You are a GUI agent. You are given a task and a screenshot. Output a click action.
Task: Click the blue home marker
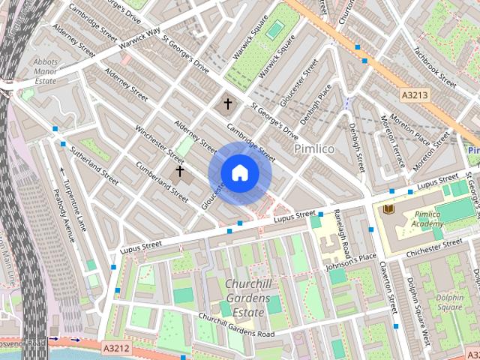pos(239,173)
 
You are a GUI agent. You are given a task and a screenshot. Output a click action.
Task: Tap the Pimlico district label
pos(314,149)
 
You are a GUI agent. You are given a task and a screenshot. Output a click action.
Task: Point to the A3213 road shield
pos(415,96)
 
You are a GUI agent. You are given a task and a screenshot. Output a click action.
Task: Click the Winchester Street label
pos(159,144)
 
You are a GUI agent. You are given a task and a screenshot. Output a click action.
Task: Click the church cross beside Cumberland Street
pos(179,172)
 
